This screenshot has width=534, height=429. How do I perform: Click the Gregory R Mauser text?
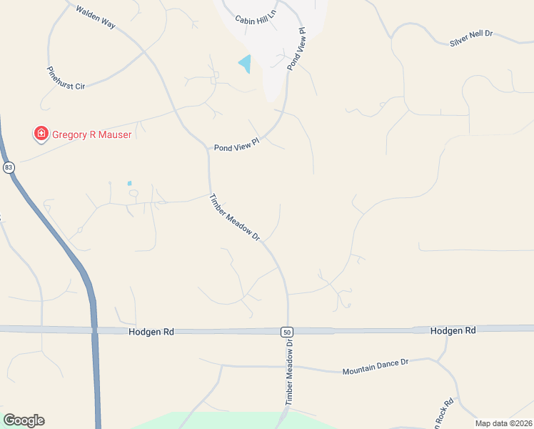coord(91,134)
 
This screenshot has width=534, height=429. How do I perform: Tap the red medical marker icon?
coord(41,134)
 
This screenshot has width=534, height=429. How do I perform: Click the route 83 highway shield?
coord(9,167)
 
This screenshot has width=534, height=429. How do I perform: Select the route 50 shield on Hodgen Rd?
coord(286,332)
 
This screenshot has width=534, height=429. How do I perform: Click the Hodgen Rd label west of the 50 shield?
coord(152,332)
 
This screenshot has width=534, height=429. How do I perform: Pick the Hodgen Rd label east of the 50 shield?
coord(453,330)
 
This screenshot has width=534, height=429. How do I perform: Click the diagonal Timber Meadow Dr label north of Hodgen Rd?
coord(234,217)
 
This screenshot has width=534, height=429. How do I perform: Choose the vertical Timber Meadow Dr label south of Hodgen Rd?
coord(290,373)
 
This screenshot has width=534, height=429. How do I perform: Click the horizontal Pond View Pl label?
coord(235,147)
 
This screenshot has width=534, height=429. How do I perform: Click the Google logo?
coord(24,420)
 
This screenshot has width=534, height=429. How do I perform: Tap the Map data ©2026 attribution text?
coord(503,423)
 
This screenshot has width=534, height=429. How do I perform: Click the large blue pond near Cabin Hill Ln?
coord(246,64)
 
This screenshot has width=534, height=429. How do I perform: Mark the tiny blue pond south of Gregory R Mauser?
coord(129,184)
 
